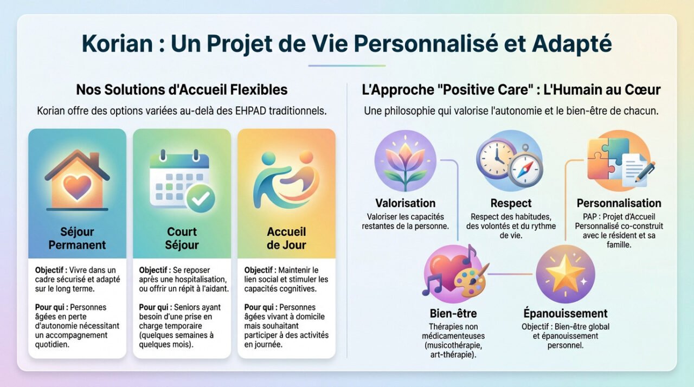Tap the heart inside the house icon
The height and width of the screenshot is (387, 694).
76,186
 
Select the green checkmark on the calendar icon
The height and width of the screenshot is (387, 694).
200,199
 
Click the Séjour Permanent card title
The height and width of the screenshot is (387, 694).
77,238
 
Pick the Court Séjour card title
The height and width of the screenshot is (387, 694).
182,238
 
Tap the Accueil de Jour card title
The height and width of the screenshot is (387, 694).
286,238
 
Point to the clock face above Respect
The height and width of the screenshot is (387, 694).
494,159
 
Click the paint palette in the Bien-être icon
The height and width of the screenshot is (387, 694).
470,280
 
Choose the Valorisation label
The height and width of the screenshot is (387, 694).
405,203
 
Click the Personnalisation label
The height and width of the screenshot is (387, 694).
619,203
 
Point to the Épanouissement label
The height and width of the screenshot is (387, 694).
565,313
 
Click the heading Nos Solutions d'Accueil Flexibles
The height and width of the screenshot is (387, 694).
182,89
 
